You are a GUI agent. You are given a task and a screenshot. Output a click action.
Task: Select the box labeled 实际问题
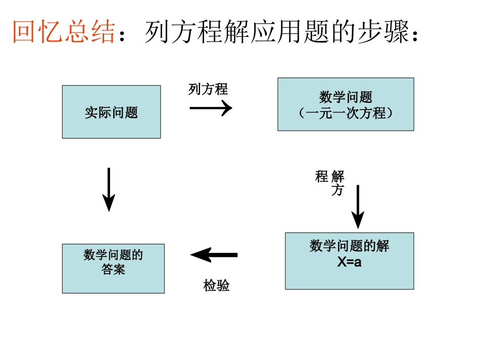click(111, 112)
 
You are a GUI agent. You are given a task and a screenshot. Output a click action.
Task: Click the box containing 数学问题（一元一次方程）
click(346, 105)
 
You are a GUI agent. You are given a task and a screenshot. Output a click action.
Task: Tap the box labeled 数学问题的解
click(349, 261)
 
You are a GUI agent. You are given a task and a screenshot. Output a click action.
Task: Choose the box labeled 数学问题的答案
click(113, 268)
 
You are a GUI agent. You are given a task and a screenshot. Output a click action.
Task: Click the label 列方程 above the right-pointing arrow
click(208, 89)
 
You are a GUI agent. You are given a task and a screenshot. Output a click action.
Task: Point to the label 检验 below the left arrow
click(216, 286)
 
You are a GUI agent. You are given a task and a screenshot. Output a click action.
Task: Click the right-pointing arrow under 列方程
click(211, 108)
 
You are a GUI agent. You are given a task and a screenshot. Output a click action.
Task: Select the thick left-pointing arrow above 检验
click(214, 255)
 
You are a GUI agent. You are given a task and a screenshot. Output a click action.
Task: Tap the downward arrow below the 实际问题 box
click(109, 189)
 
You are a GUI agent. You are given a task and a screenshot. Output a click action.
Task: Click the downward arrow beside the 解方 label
click(358, 207)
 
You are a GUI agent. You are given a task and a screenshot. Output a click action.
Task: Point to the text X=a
click(349, 263)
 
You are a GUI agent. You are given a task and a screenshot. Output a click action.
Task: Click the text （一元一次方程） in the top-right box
click(346, 113)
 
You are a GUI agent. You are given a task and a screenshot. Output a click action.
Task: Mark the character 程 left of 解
click(322, 177)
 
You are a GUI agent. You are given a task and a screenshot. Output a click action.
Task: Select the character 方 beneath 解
click(338, 190)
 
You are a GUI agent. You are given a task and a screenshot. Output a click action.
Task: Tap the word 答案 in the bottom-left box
click(113, 270)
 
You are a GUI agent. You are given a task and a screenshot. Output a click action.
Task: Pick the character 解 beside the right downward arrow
click(338, 177)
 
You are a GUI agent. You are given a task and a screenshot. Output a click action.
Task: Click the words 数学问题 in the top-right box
click(346, 97)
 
